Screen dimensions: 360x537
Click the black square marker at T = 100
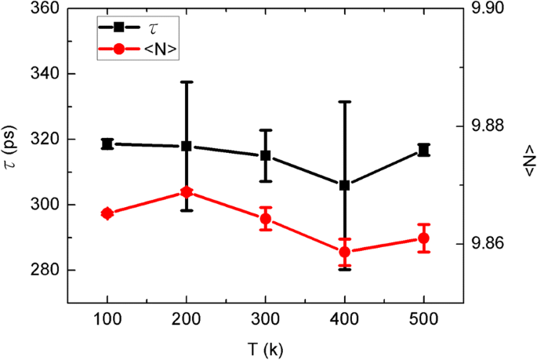[107, 144]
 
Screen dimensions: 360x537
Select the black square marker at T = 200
[187, 147]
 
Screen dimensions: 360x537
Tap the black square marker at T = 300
[266, 155]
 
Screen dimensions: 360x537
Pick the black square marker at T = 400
[345, 185]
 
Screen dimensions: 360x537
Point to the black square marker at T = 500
[424, 150]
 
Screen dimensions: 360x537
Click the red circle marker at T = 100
[107, 213]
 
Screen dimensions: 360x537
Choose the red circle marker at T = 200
[187, 192]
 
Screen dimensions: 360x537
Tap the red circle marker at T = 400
[345, 252]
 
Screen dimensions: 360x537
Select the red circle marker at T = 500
[424, 238]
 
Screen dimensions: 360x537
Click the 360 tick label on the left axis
[47, 9]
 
